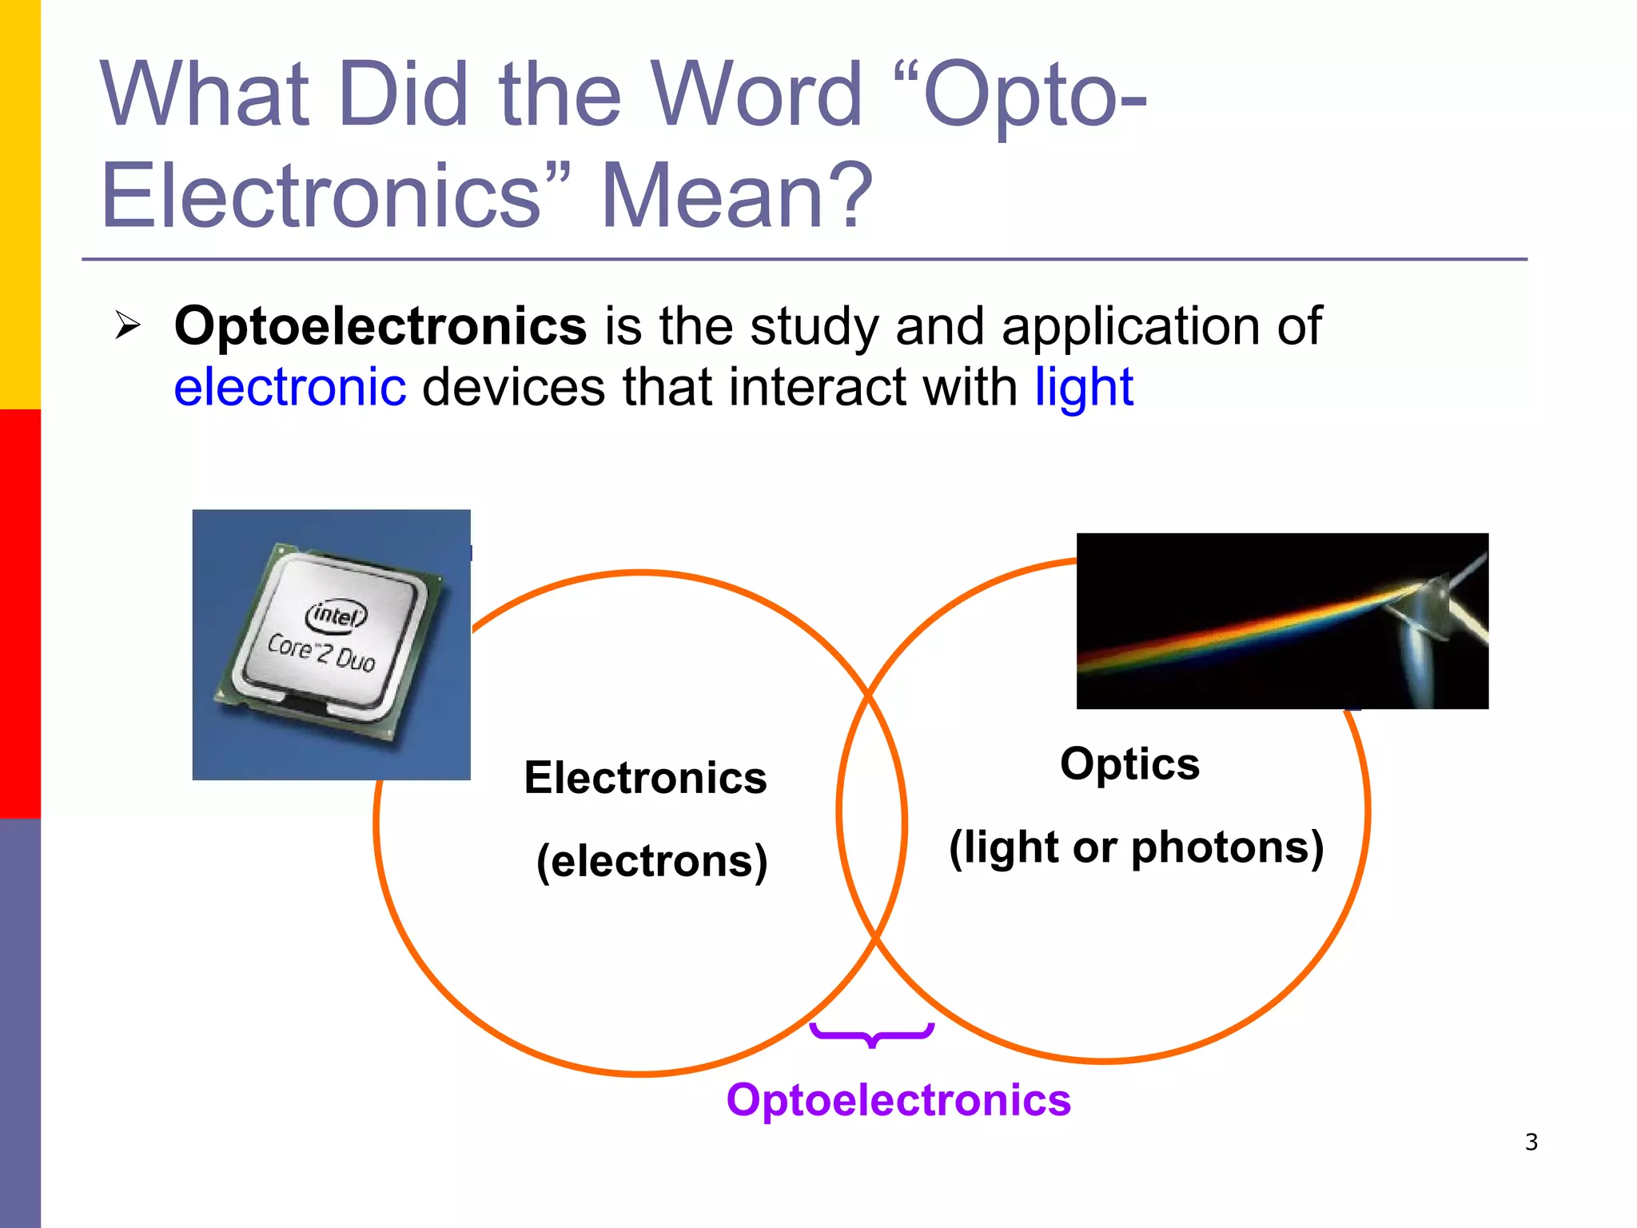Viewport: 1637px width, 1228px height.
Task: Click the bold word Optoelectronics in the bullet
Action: pyautogui.click(x=380, y=326)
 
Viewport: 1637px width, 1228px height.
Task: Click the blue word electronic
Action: pyautogui.click(x=289, y=388)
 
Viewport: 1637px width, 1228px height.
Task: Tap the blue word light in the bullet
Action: pyautogui.click(x=1083, y=388)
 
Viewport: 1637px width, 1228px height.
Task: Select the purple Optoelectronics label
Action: pyautogui.click(x=898, y=1100)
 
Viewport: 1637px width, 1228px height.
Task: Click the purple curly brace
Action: pyautogui.click(x=871, y=1035)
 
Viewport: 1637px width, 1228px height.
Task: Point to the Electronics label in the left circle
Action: pyautogui.click(x=645, y=778)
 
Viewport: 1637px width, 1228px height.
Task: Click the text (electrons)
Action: pyautogui.click(x=651, y=861)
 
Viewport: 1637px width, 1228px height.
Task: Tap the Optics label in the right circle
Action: pyautogui.click(x=1129, y=764)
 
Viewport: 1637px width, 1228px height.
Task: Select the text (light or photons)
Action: pyautogui.click(x=1136, y=847)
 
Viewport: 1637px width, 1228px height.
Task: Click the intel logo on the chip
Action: pyautogui.click(x=337, y=615)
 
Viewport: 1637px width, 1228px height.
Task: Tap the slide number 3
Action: pyautogui.click(x=1531, y=1142)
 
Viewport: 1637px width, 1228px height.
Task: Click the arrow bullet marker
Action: pyautogui.click(x=128, y=325)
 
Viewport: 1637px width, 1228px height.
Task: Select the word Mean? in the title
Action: pyautogui.click(x=736, y=196)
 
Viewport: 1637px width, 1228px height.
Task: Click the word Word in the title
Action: pyautogui.click(x=755, y=94)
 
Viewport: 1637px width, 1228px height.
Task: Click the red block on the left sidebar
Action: pyautogui.click(x=20, y=614)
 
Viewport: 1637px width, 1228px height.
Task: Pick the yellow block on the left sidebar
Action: pyautogui.click(x=20, y=204)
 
